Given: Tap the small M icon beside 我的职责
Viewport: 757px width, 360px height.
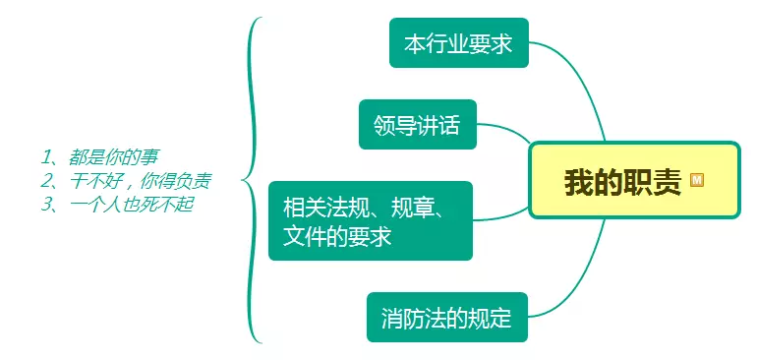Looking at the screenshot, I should (x=697, y=181).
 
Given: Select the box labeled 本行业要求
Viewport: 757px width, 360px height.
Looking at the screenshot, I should (x=458, y=43).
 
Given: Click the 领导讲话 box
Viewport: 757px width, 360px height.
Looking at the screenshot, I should (x=417, y=125).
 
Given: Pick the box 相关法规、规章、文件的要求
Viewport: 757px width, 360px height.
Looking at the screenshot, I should (x=370, y=221).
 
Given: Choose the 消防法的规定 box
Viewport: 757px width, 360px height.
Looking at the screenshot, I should (x=446, y=318).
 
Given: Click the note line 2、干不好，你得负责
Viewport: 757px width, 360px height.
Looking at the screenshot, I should (x=126, y=180).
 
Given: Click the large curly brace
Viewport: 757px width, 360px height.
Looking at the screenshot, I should (x=253, y=180).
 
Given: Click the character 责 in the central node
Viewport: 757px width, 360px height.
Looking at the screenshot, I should (x=669, y=182).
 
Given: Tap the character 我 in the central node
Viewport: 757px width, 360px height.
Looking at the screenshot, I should (x=577, y=182).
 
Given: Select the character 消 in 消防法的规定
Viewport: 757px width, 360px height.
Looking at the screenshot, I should (x=392, y=318).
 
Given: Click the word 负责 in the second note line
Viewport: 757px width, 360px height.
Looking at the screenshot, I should (x=194, y=180).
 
